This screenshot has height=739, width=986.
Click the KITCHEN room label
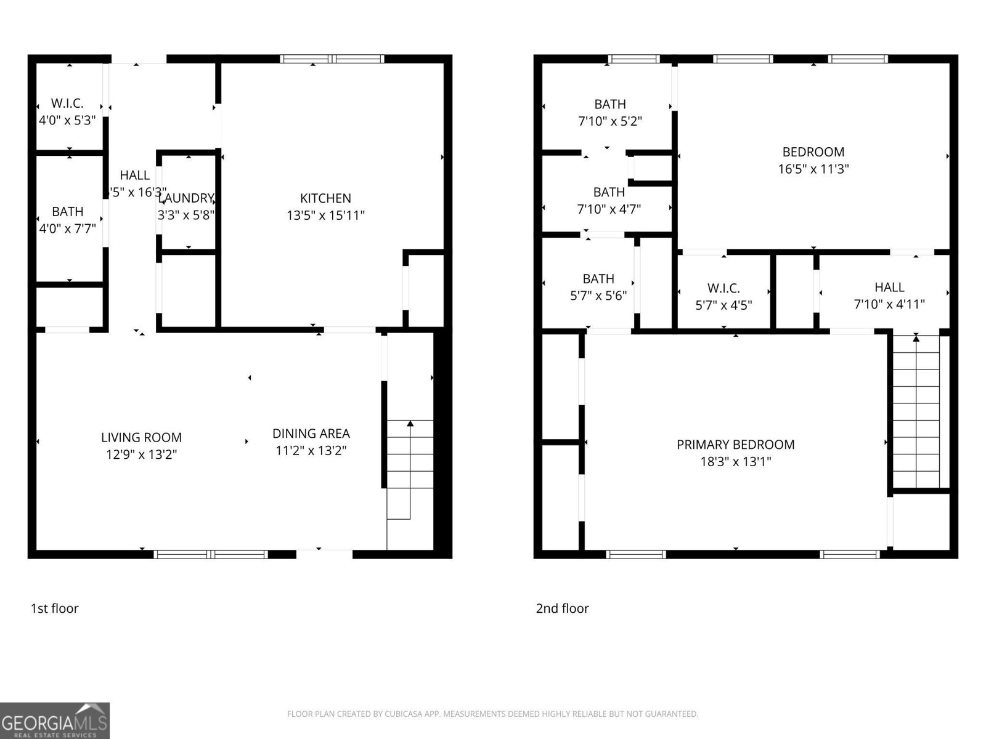pyautogui.click(x=325, y=198)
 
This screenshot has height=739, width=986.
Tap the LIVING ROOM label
pyautogui.click(x=141, y=437)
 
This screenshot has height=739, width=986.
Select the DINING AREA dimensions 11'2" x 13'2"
pyautogui.click(x=311, y=451)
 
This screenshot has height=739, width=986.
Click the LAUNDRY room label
pyautogui.click(x=186, y=198)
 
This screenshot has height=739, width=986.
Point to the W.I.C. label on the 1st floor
pyautogui.click(x=67, y=103)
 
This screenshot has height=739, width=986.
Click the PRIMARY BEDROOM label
pyautogui.click(x=735, y=445)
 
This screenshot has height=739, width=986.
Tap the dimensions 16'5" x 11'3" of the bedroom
pyautogui.click(x=813, y=169)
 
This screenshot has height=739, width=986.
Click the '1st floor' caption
pyautogui.click(x=55, y=608)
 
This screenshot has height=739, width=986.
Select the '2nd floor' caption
pyautogui.click(x=562, y=608)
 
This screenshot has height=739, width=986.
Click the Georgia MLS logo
pyautogui.click(x=55, y=721)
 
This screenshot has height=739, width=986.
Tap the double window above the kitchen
pyautogui.click(x=332, y=59)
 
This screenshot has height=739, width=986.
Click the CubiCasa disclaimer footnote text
pyautogui.click(x=492, y=714)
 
